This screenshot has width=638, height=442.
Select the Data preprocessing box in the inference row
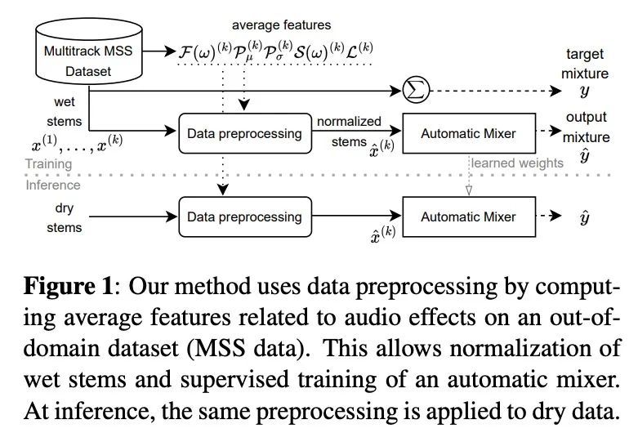244,217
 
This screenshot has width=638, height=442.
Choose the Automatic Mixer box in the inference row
469,217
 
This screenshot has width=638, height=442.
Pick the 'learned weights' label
516,163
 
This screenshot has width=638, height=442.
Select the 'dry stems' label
64,218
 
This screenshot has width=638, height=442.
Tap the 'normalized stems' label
349,132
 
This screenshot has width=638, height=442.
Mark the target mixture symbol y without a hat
583,92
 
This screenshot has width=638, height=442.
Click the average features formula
275,52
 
